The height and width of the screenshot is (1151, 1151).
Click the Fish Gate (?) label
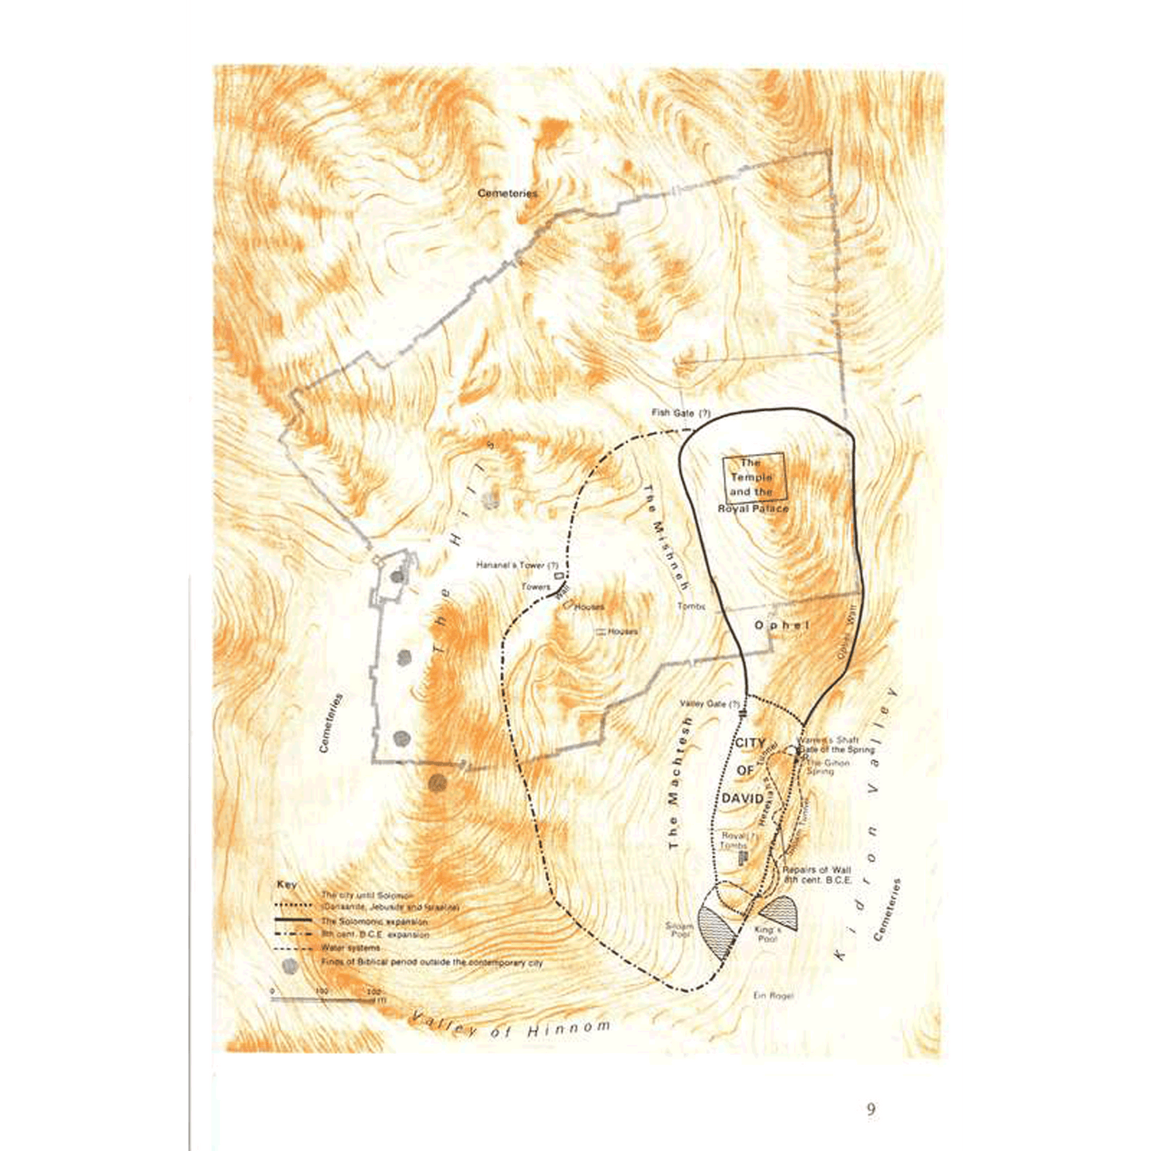(680, 413)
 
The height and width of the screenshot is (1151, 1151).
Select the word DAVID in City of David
(742, 798)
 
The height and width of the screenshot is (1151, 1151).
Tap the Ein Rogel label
(773, 996)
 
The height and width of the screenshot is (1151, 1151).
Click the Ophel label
(781, 625)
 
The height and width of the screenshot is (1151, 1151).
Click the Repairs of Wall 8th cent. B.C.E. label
(817, 875)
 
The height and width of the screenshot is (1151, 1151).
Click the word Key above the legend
(287, 885)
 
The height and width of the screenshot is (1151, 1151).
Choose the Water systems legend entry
(350, 948)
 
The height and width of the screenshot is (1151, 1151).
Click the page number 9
(871, 1110)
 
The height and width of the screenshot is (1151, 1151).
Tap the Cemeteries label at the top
(507, 194)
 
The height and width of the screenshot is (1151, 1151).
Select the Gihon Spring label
(828, 767)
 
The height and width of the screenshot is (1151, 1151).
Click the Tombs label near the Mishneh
(691, 606)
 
